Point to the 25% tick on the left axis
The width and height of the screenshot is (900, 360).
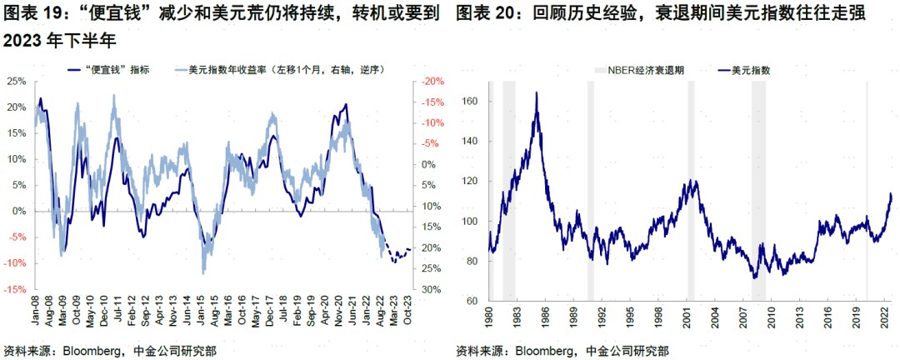click(x=17, y=81)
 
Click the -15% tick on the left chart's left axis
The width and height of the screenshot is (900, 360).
click(x=16, y=289)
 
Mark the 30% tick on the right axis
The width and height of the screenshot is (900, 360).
click(x=432, y=289)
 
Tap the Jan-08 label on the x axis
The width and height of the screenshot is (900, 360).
click(x=37, y=308)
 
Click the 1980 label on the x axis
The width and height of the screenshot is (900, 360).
click(x=489, y=317)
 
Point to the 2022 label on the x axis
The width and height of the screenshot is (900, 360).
click(x=885, y=317)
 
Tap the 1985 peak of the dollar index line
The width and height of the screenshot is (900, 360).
click(x=536, y=92)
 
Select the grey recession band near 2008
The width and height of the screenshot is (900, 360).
click(x=758, y=192)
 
